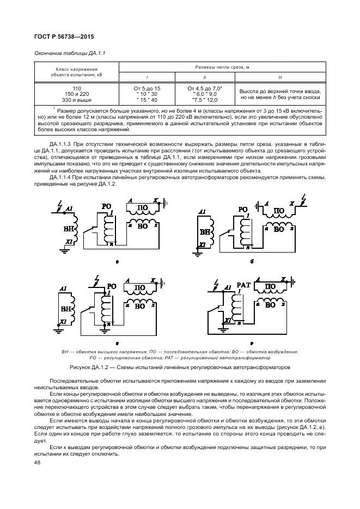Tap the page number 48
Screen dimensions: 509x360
(37, 462)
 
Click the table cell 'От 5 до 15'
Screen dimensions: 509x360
(147, 88)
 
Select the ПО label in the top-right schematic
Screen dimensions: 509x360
(279, 211)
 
